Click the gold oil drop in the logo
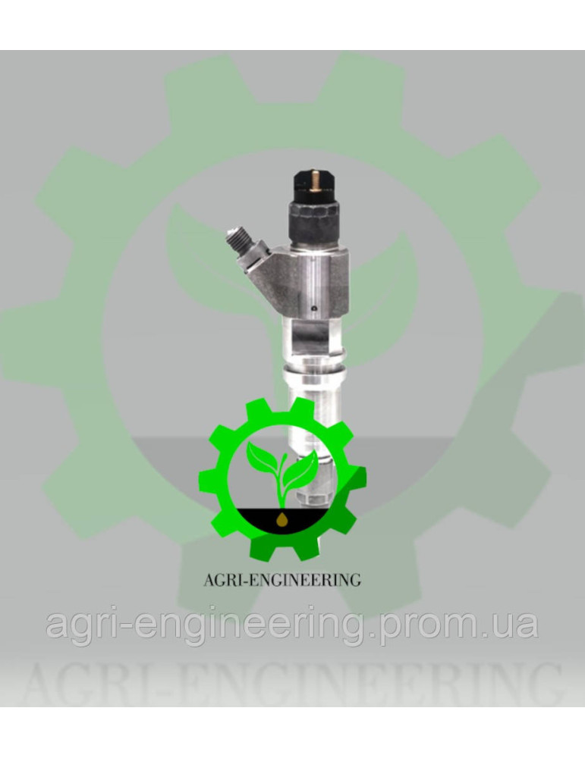point(282,520)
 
